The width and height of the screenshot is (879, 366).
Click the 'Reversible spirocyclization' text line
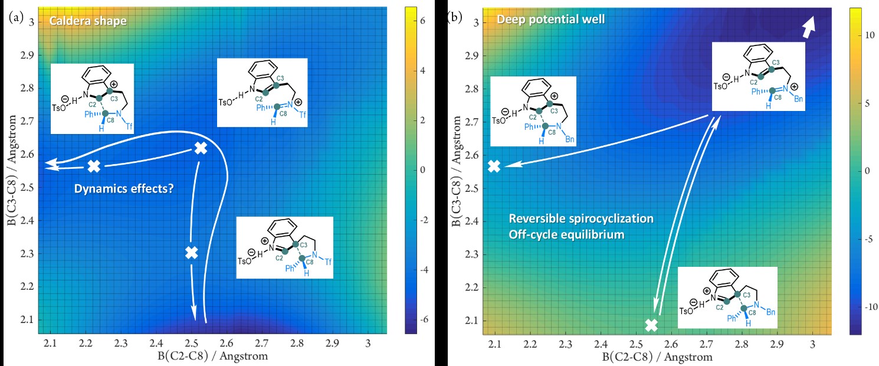[581, 219]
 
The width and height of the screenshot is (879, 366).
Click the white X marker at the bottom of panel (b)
[651, 325]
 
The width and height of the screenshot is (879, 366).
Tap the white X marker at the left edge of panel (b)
[494, 166]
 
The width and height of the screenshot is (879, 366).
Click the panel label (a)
[17, 17]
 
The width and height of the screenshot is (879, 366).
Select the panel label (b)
[455, 17]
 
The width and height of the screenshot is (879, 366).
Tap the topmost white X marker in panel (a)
[201, 148]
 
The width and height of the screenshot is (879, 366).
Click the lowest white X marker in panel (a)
[191, 253]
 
